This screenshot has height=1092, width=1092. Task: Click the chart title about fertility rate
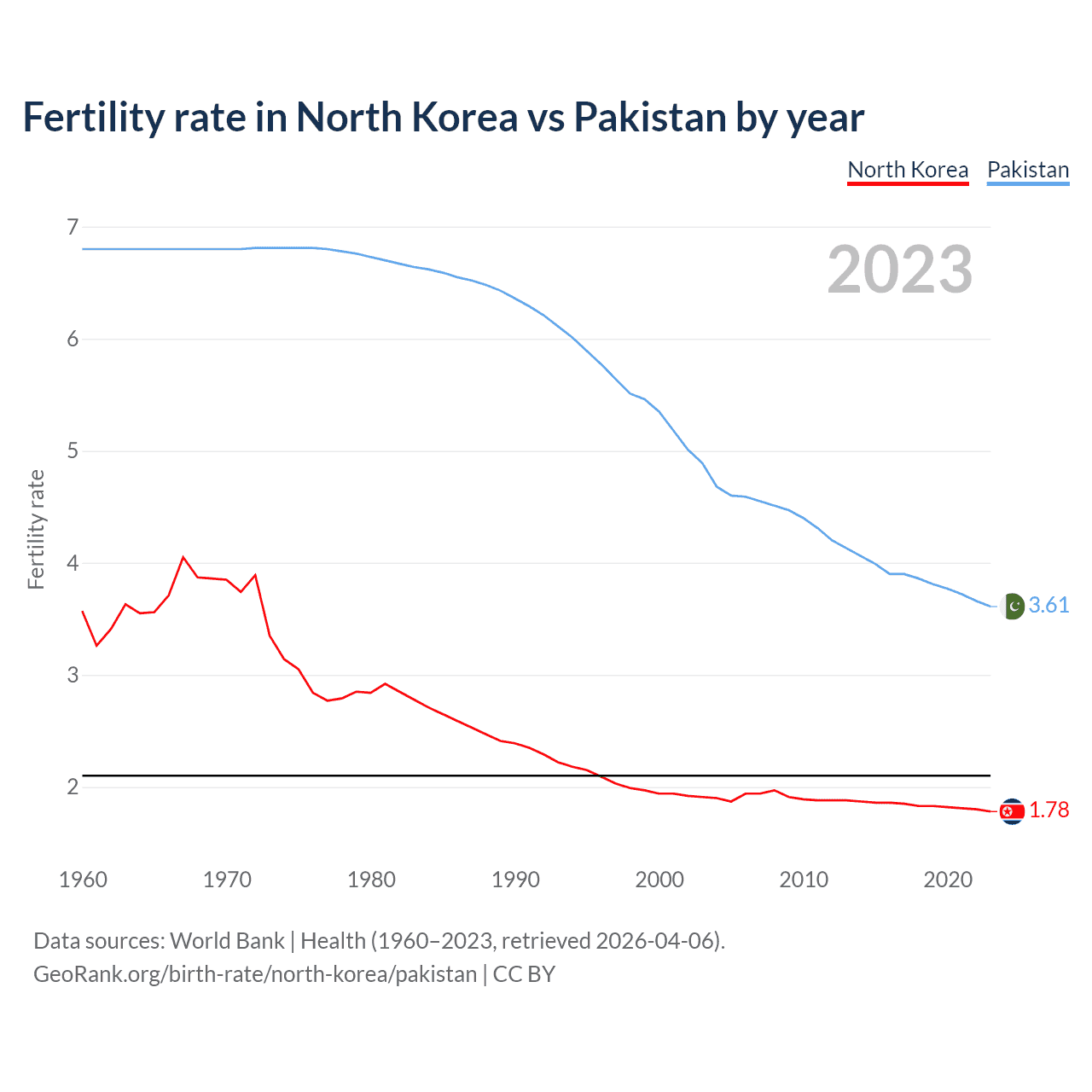tap(443, 118)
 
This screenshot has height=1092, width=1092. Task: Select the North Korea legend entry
tap(908, 170)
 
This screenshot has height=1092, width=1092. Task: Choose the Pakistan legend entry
tap(1028, 170)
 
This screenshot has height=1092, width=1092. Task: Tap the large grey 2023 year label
tap(900, 270)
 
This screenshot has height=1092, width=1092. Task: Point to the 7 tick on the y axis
tap(73, 227)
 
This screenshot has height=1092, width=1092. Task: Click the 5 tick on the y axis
tap(73, 450)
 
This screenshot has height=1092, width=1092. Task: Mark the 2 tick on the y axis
tap(73, 787)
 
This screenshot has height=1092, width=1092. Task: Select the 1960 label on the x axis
tap(83, 880)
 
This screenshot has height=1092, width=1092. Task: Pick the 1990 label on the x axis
tap(515, 880)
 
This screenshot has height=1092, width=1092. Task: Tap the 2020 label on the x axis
tap(948, 880)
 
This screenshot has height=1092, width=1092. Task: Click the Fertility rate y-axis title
tap(36, 529)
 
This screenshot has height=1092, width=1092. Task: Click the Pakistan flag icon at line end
tap(1012, 606)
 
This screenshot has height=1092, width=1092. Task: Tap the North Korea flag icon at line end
tap(1012, 811)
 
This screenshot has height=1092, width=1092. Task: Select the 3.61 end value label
tap(1048, 605)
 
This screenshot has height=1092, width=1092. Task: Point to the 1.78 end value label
tap(1048, 810)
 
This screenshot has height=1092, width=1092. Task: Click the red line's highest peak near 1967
tap(183, 557)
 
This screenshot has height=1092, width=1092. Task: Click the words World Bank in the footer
tap(227, 941)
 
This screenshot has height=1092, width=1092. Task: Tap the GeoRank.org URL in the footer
tap(255, 974)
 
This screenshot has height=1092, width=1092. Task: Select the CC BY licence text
tap(524, 974)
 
